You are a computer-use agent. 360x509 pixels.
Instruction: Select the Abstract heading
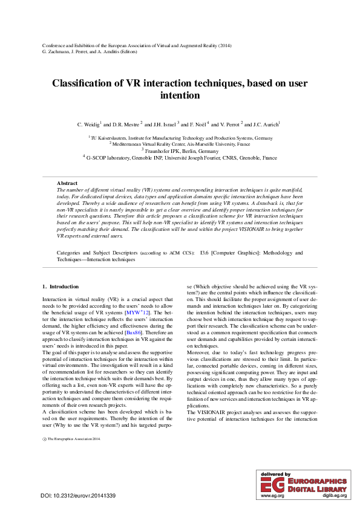67,183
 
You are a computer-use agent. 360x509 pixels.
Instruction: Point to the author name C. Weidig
89,125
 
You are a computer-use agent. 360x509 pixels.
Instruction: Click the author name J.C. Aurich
266,125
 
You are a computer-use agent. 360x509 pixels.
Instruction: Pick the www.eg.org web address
270,495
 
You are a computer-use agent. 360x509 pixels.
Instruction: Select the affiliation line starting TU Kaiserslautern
181,138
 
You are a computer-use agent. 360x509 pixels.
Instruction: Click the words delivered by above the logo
275,475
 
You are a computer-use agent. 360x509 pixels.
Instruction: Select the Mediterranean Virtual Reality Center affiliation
181,144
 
